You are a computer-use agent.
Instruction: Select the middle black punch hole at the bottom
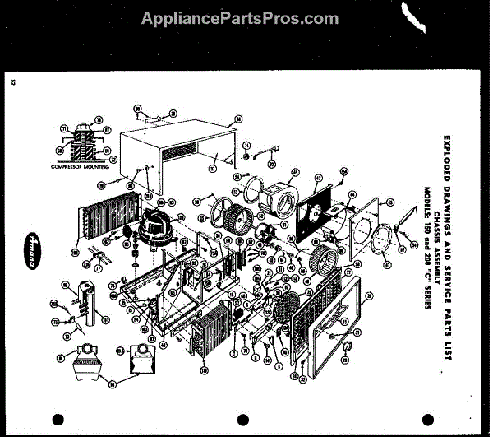[242, 419]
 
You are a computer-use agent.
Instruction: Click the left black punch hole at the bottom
[57, 419]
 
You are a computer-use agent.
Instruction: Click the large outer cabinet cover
[177, 152]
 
